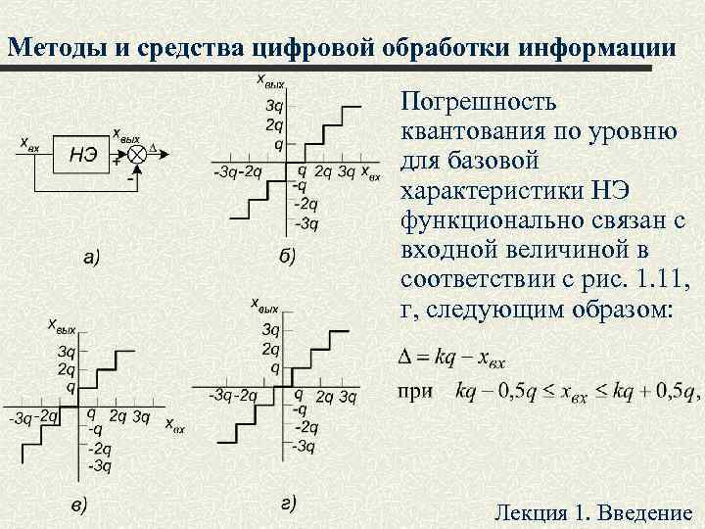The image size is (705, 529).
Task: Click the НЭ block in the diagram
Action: click(82, 154)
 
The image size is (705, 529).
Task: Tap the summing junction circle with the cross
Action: click(137, 153)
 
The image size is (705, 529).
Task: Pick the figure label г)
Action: click(288, 505)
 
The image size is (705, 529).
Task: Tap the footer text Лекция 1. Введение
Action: click(593, 513)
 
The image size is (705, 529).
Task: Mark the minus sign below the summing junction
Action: click(130, 179)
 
